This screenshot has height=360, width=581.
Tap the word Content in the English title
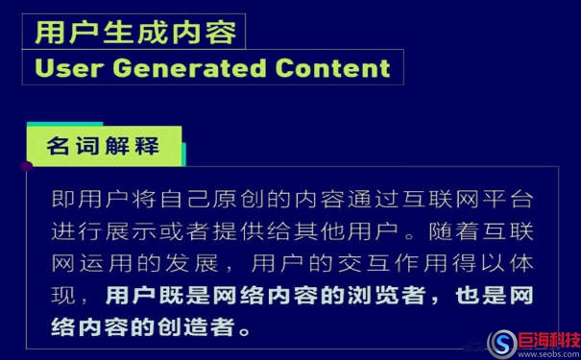click(332, 68)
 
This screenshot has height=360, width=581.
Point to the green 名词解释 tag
click(103, 148)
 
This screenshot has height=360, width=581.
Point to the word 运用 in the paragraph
click(113, 263)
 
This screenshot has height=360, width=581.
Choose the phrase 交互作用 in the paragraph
click(374, 263)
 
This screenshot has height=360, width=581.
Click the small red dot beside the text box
click(27, 165)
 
